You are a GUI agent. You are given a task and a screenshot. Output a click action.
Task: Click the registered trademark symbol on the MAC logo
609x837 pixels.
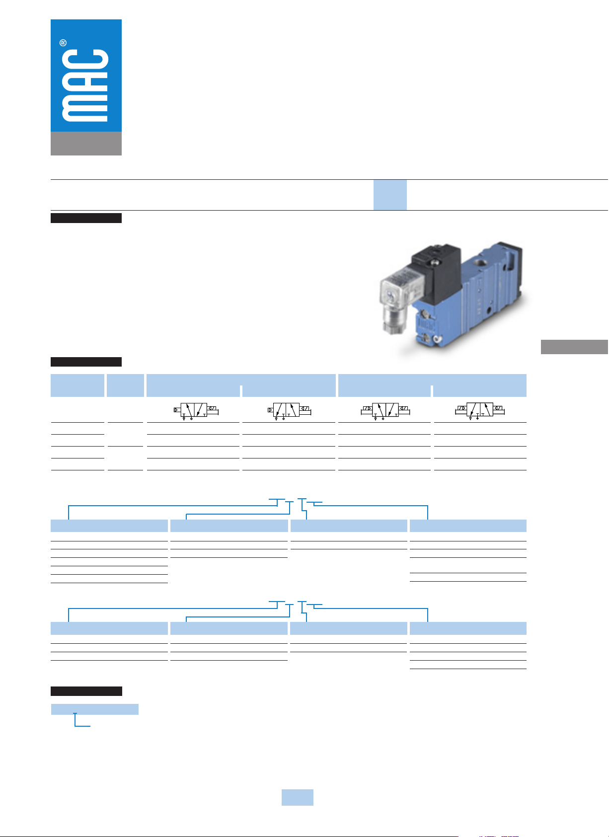(63, 43)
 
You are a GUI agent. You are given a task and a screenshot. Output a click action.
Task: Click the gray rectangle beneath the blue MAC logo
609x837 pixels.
(86, 144)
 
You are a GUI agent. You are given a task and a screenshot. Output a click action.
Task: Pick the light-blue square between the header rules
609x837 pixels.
(390, 195)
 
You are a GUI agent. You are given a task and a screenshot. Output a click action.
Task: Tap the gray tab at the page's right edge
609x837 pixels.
(574, 347)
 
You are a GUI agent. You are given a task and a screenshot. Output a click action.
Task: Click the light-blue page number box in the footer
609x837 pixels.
(298, 797)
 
